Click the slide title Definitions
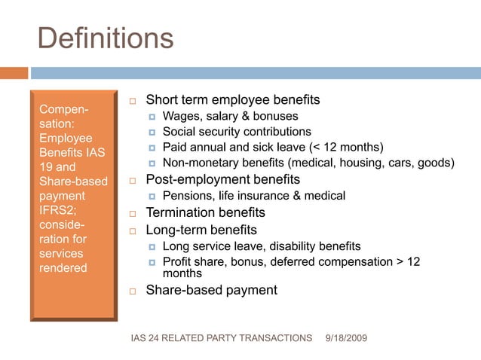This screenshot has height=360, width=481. [x=105, y=38]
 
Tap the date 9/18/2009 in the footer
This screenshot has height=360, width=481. [x=345, y=338]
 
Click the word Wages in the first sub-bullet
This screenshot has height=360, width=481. [x=179, y=116]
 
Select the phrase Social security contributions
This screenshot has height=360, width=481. [x=237, y=132]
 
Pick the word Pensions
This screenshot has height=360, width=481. [x=188, y=196]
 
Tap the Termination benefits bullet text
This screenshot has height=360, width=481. [x=205, y=212]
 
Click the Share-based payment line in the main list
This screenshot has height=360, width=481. [x=211, y=290]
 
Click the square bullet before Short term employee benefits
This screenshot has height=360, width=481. [x=131, y=101]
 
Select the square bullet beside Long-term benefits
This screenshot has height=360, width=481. [x=131, y=230]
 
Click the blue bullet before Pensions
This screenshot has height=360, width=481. [x=152, y=197]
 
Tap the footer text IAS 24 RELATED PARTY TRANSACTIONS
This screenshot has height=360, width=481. [x=221, y=338]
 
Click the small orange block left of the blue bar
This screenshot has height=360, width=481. [x=14, y=73]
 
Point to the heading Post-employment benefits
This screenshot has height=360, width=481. [x=222, y=180]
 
